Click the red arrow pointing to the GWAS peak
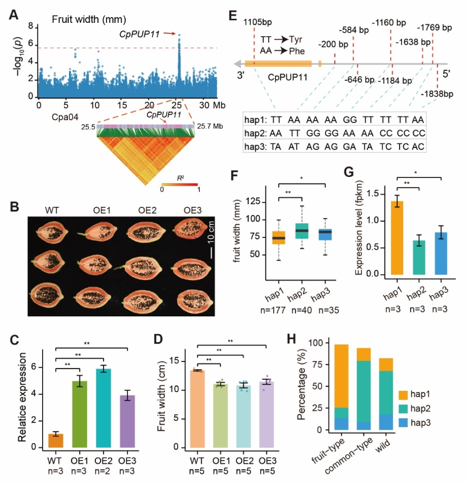pos(169,33)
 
